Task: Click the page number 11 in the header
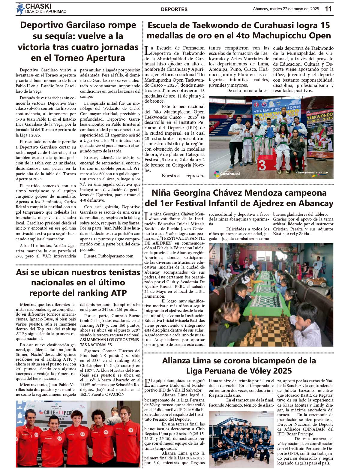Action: click(328, 9)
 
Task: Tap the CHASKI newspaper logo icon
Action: click(20, 9)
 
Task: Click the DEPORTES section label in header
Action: click(174, 9)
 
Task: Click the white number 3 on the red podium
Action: click(262, 165)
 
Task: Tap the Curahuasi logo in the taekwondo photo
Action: click(227, 174)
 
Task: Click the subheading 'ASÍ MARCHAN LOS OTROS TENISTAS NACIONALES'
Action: click(110, 342)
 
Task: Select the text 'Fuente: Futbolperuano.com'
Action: click(109, 256)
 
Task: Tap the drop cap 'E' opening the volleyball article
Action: click(147, 383)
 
